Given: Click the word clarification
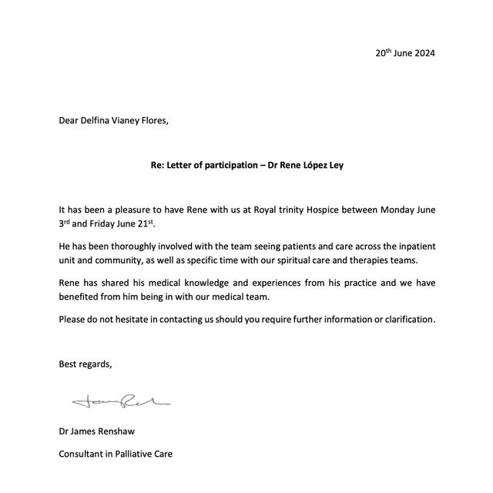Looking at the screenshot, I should [x=407, y=319].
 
